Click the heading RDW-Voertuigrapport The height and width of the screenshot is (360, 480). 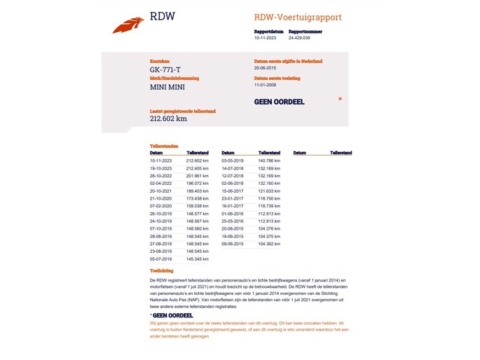coord(298,17)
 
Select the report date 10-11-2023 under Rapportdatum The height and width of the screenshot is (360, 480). coord(265,38)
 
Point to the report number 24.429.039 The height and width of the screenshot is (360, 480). coord(299,38)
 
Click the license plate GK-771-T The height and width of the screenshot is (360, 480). coord(165,69)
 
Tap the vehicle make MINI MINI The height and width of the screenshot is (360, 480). coord(166,88)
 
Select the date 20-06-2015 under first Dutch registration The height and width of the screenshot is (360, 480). coord(267,69)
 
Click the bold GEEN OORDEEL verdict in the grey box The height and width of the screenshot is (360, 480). coord(279,102)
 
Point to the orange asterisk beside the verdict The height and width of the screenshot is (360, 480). coord(340,100)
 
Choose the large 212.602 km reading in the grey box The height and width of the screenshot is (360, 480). coord(168,119)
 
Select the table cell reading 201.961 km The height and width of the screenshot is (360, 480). coord(198,176)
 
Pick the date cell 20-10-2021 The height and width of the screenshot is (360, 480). coord(160,191)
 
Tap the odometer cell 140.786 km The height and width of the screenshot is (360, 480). coord(269,160)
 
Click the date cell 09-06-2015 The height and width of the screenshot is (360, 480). coord(232,244)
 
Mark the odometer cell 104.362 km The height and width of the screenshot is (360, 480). coord(269,244)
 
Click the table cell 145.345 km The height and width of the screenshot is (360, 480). coord(198,259)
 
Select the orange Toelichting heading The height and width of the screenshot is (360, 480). coord(162,270)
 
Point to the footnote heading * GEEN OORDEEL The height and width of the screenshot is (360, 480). coord(172,316)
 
